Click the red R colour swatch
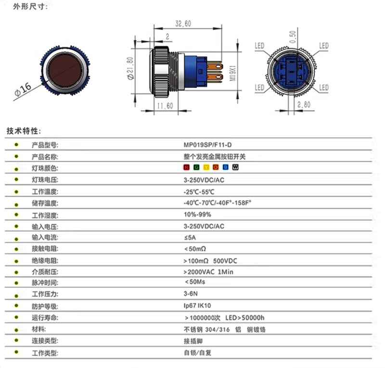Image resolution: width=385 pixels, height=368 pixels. (x=187, y=167)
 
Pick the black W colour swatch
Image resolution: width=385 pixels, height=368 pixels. (x=235, y=167)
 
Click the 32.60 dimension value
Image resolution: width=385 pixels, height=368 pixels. (x=183, y=24)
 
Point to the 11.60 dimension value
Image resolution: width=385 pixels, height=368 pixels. (x=165, y=106)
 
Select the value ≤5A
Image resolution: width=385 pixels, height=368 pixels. (x=190, y=238)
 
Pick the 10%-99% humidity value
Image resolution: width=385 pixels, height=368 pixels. (x=197, y=215)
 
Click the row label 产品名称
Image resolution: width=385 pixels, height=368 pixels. (x=45, y=156)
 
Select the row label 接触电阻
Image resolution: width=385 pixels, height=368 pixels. (x=45, y=249)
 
